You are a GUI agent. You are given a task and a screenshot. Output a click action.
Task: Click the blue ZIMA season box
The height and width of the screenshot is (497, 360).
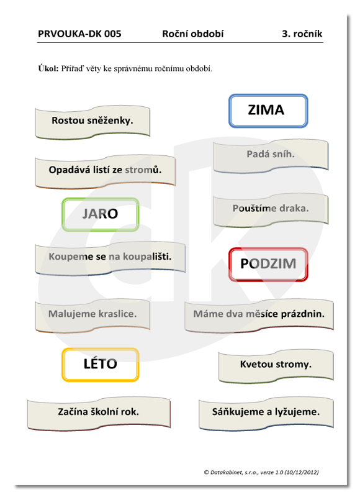268,111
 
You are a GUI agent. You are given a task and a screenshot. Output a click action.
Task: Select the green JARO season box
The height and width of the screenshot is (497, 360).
101,214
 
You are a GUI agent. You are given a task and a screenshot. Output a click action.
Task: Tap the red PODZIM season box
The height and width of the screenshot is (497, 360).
268,265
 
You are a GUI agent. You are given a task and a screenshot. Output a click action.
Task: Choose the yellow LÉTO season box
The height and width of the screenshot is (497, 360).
101,365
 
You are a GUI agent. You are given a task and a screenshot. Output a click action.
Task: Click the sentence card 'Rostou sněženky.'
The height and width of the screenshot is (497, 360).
92,122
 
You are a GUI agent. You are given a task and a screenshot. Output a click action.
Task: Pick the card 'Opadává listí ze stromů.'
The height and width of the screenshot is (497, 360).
105,171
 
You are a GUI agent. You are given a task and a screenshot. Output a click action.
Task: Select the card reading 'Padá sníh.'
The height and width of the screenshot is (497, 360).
271,156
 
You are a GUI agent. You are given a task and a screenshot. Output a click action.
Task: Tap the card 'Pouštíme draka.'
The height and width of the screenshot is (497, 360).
271,210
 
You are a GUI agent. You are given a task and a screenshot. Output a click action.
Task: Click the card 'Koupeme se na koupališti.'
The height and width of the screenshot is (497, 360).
110,258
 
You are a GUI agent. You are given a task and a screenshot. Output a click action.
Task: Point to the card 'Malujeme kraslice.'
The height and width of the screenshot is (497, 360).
92,316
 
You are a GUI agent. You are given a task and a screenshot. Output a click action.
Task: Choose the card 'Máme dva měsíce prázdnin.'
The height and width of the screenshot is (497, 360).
259,316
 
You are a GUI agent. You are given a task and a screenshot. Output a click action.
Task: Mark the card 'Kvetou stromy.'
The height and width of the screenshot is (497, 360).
276,366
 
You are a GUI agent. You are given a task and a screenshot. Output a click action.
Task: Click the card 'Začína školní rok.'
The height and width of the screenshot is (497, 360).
99,414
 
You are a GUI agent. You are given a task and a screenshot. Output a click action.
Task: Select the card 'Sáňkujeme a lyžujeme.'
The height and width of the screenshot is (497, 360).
266,414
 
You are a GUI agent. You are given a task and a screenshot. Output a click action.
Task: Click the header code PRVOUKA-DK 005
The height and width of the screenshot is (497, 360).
79,34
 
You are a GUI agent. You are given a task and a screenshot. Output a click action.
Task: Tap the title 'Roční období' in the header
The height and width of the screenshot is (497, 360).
193,34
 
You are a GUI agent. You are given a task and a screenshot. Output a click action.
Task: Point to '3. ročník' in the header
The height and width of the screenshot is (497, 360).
302,34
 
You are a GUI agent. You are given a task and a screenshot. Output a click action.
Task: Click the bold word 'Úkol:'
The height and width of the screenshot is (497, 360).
48,68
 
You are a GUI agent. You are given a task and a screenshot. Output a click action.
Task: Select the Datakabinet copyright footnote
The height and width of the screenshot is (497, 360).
261,472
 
